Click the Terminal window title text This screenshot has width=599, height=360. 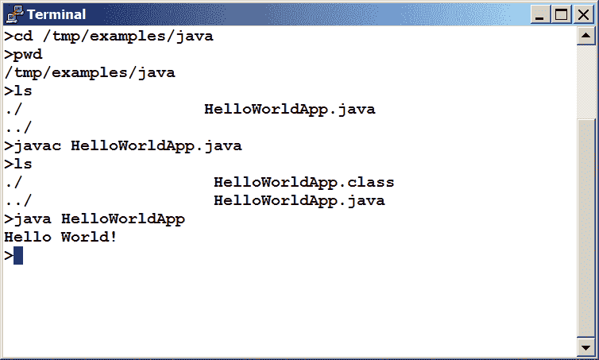56,14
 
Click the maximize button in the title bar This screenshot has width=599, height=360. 562,14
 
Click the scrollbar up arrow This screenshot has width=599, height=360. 585,37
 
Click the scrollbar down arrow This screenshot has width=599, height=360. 585,347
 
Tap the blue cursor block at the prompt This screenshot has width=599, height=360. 18,255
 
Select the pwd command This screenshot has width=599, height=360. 28,55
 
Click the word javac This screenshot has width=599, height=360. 37,145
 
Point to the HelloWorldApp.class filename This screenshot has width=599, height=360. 303,182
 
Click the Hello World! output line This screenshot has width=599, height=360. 60,236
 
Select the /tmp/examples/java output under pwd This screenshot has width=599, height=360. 89,73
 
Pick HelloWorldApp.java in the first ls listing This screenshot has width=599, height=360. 289,109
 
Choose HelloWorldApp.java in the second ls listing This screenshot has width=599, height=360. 299,200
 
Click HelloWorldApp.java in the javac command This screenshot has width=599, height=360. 156,145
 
